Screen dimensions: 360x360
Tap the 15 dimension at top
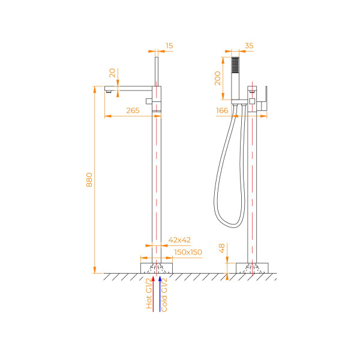tap(170, 46)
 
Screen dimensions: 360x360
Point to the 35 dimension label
tap(250, 46)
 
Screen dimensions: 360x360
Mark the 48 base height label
tap(221, 249)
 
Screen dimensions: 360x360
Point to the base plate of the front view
tap(156, 268)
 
